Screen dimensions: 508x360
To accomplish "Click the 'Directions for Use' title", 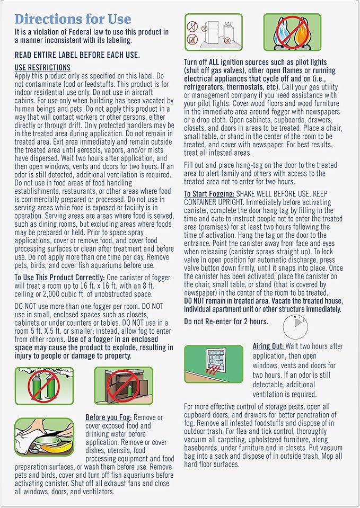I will [x=73, y=20].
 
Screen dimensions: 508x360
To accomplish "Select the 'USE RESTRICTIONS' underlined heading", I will [x=42, y=67].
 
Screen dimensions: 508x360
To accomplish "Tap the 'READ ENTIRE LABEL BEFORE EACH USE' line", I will [x=77, y=55].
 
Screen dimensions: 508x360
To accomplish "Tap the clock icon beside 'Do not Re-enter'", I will [x=295, y=327].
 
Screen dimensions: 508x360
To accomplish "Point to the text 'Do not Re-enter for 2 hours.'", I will [x=226, y=322].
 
